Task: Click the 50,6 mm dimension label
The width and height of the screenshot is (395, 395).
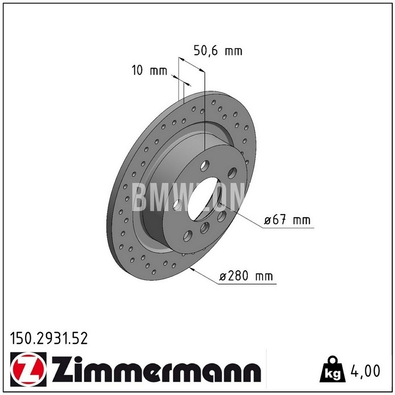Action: (218, 50)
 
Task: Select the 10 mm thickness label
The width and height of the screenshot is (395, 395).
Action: (149, 71)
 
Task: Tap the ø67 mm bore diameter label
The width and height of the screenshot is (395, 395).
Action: (287, 220)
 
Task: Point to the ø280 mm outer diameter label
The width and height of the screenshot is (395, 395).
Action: (246, 276)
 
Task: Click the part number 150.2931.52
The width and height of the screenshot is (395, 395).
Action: (49, 338)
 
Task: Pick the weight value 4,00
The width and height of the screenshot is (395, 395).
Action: (365, 371)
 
